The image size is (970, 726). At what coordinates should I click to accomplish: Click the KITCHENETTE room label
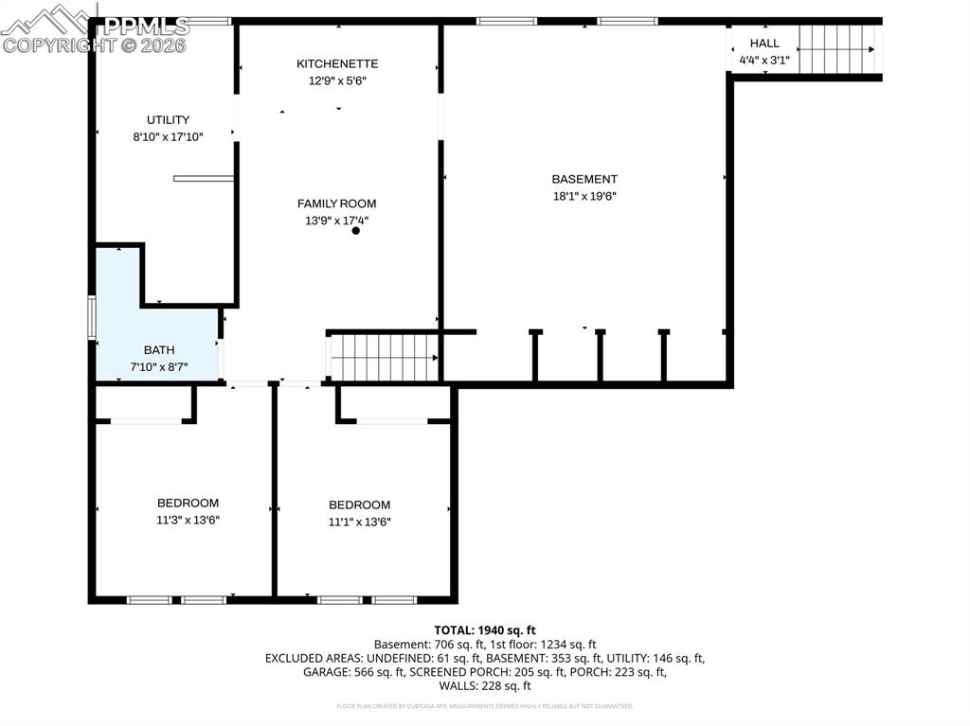pyautogui.click(x=337, y=63)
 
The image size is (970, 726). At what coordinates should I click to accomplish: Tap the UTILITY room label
pyautogui.click(x=168, y=119)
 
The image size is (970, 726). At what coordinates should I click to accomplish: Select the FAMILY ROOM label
pyautogui.click(x=336, y=204)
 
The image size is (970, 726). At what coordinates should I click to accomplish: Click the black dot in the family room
pyautogui.click(x=356, y=230)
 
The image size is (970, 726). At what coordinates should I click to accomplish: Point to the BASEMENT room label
pyautogui.click(x=584, y=179)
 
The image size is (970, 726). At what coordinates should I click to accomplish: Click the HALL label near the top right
pyautogui.click(x=764, y=43)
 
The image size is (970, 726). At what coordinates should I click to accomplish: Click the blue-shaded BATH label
pyautogui.click(x=159, y=350)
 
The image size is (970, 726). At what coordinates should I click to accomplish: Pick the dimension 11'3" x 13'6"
pyautogui.click(x=188, y=520)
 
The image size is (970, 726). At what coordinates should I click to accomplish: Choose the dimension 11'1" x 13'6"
pyautogui.click(x=359, y=522)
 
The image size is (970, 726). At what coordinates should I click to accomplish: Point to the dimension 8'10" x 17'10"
pyautogui.click(x=168, y=136)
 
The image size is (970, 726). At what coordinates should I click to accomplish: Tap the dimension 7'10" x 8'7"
pyautogui.click(x=159, y=366)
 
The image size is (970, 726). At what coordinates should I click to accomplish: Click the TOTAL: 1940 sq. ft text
pyautogui.click(x=485, y=629)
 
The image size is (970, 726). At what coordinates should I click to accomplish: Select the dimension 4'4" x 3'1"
pyautogui.click(x=764, y=61)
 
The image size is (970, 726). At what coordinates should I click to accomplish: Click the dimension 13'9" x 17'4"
pyautogui.click(x=336, y=221)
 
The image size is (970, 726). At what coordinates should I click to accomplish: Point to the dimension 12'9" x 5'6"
pyautogui.click(x=337, y=80)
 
